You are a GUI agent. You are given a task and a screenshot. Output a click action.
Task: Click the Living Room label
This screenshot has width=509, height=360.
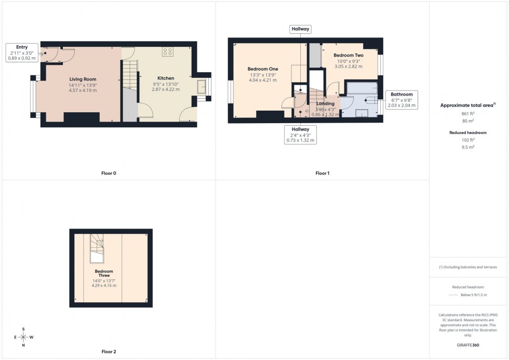[x=83, y=79]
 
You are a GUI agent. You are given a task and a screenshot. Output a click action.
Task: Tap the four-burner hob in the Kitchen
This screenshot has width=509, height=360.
[x=168, y=51]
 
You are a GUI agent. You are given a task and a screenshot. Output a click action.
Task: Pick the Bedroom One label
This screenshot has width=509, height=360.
[x=262, y=69]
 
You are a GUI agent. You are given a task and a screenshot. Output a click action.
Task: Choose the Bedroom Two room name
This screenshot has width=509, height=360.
[x=348, y=55]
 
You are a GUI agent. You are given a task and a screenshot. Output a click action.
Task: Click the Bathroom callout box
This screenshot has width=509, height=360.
[x=401, y=100]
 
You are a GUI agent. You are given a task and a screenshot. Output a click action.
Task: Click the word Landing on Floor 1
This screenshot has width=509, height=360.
[x=325, y=104]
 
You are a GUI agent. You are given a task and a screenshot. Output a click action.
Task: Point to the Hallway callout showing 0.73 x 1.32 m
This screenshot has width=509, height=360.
[x=300, y=135]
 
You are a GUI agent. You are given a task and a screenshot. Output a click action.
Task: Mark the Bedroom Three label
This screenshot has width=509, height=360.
[x=104, y=273]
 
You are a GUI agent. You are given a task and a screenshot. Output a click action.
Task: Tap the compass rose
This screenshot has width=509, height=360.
[x=23, y=337]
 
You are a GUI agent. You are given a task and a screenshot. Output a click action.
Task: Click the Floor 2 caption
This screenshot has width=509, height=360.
[x=109, y=352]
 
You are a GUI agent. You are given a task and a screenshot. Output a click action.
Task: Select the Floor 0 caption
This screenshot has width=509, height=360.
[x=109, y=173]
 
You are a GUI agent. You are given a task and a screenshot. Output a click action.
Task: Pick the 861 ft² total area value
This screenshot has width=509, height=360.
[x=468, y=113]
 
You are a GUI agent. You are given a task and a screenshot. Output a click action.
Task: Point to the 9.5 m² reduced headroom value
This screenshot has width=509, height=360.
[x=468, y=147]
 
